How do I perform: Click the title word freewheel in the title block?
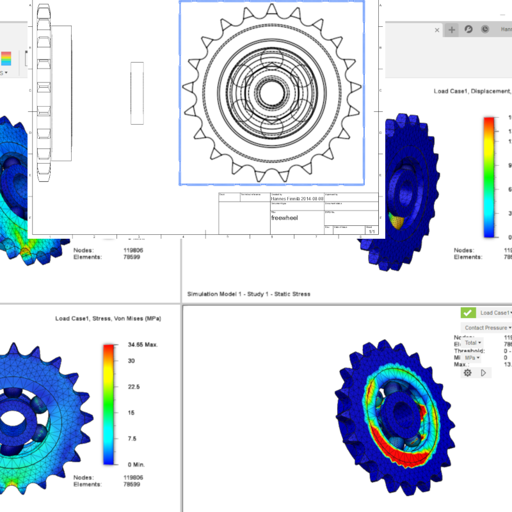[284, 218]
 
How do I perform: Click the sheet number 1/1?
[371, 231]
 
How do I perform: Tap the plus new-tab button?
[452, 29]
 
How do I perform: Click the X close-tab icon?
[438, 30]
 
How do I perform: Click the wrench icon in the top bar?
[468, 29]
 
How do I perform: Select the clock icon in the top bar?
[485, 29]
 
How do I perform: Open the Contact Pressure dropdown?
[487, 328]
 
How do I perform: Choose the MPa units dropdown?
[473, 358]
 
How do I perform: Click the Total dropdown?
[472, 343]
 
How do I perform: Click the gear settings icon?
[468, 372]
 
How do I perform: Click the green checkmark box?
[468, 313]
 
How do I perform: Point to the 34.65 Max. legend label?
[143, 345]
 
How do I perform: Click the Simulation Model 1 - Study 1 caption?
[248, 294]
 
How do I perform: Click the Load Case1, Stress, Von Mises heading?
[108, 318]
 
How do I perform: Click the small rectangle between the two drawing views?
[137, 93]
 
